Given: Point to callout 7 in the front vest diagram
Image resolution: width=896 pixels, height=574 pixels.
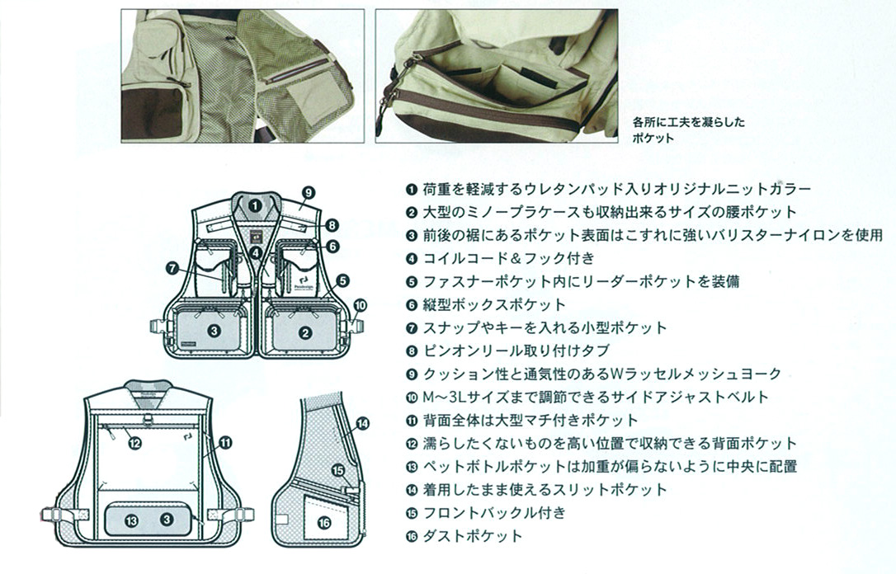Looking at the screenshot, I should point(172,267).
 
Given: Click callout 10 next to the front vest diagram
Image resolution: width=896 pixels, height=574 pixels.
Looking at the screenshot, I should point(359,304).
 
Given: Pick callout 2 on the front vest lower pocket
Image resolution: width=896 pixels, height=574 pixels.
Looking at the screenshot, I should point(305,333).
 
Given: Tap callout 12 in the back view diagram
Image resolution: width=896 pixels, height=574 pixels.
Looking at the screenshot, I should point(135,443).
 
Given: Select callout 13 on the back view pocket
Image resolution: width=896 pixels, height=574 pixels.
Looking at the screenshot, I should point(132,520).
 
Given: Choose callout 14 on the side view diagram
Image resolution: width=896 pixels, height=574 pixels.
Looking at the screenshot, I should point(362,426).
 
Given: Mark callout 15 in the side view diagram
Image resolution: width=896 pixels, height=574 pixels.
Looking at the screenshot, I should point(337,471).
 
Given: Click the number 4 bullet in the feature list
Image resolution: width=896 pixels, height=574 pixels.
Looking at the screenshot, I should point(412,258).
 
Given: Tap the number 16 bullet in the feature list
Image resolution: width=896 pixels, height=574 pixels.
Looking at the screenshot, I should point(412,536).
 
